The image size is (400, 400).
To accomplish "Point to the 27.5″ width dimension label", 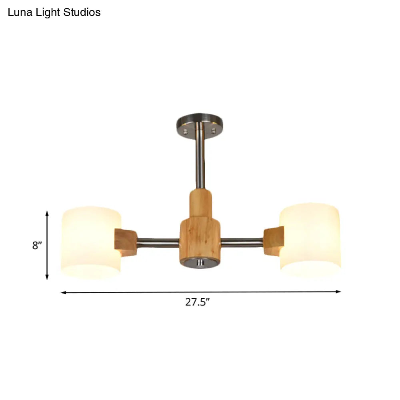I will click(198, 302).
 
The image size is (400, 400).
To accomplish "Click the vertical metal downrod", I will click(200, 160).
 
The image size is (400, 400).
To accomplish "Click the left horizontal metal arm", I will click(158, 242).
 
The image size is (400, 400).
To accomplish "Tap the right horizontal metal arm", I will click(242, 242).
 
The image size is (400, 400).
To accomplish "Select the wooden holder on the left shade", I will click(125, 242).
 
